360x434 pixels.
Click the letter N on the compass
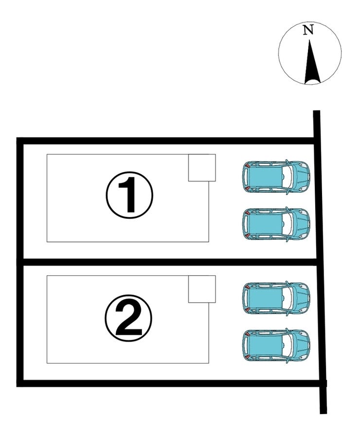point(308,30)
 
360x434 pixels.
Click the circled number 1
point(129,195)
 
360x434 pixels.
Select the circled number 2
point(128,317)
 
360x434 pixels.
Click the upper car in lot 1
point(276,177)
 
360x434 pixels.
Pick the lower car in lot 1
point(276,224)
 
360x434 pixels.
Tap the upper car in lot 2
point(276,298)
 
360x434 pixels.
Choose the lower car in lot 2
point(276,345)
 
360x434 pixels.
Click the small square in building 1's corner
point(202,168)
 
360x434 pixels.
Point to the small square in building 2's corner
point(202,289)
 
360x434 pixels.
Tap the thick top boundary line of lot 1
point(165,141)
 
